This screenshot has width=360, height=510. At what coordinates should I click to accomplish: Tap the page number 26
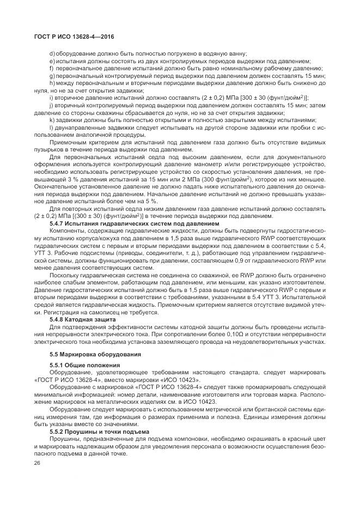point(37,463)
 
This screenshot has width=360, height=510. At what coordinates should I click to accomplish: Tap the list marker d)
point(52,53)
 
